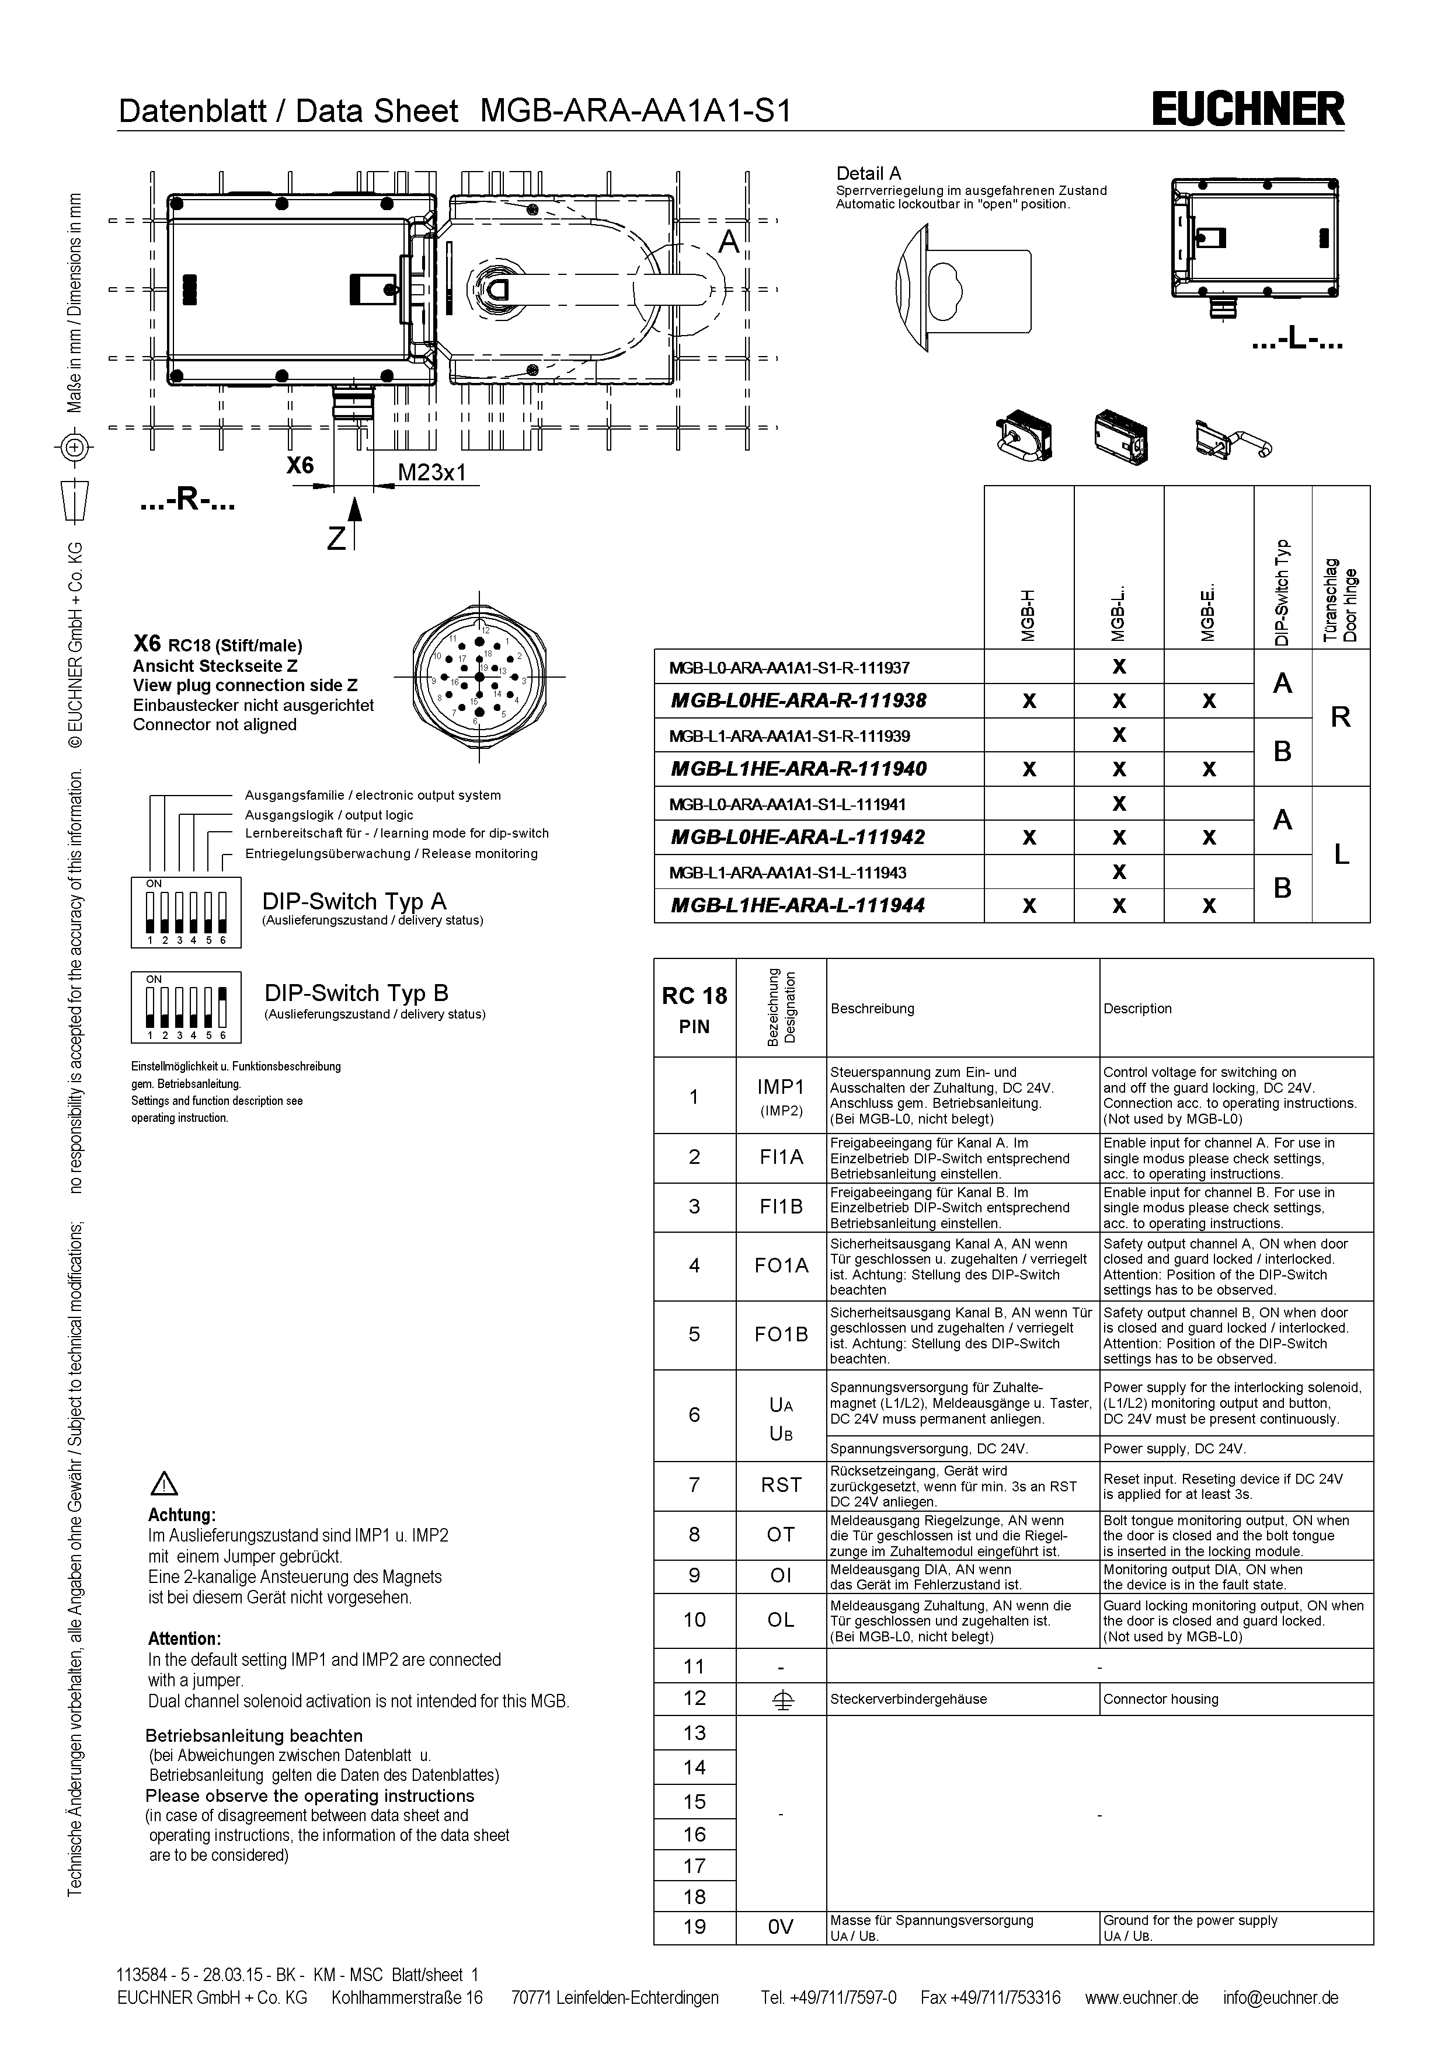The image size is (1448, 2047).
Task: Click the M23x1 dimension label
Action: pos(431,473)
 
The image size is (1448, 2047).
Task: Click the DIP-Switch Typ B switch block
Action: pos(186,1006)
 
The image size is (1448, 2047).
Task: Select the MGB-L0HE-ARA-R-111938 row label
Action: pos(798,701)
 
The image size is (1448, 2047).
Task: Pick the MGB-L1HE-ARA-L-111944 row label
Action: pos(798,906)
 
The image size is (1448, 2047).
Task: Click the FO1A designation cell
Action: pos(781,1266)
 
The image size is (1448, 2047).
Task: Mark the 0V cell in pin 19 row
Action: pos(781,1927)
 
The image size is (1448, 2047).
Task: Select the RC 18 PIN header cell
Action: pos(695,1009)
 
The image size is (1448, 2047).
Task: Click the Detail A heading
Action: pos(868,174)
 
